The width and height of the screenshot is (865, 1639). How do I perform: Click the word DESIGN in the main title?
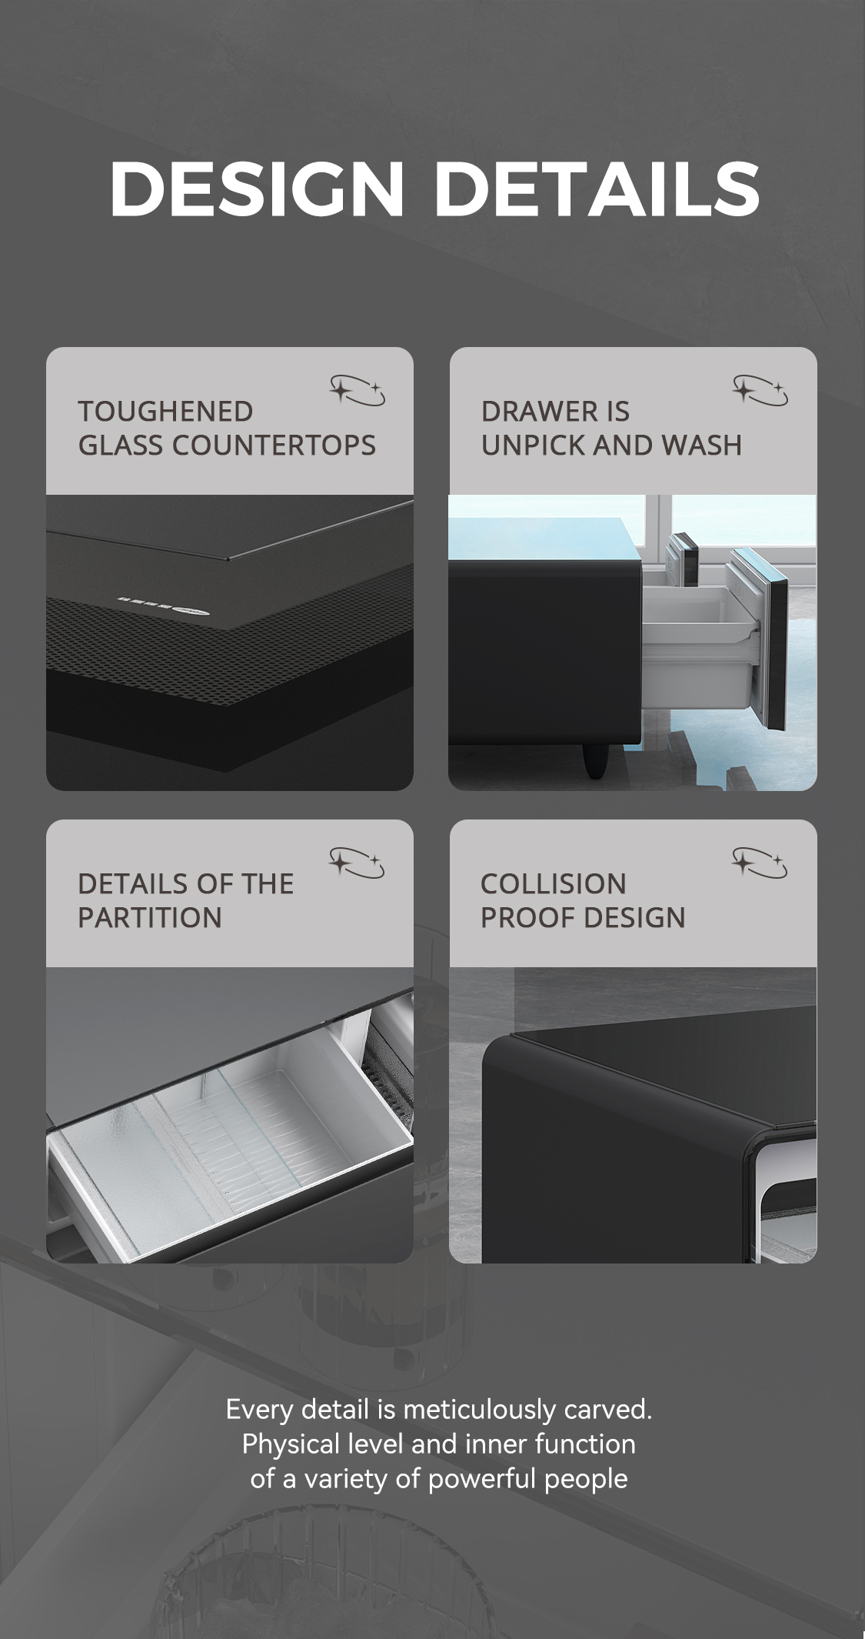pos(258,189)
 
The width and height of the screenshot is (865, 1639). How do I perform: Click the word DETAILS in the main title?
pos(597,189)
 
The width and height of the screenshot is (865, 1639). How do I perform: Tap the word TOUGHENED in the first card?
pos(165,412)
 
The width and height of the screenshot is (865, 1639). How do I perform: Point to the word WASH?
pos(701,446)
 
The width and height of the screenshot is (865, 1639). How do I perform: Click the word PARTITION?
pos(150,918)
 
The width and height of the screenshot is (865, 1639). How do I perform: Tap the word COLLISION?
pos(554,884)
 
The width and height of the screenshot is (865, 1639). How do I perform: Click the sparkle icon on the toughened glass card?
pos(358,390)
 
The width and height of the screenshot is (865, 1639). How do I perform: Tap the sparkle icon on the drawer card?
pos(760,390)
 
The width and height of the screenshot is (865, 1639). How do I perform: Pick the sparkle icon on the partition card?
pos(357,863)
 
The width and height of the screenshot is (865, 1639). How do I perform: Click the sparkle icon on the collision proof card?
pos(760,863)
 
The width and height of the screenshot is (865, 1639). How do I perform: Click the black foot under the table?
pos(594,760)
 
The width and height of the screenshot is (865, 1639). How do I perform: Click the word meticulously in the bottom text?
pos(481,1410)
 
